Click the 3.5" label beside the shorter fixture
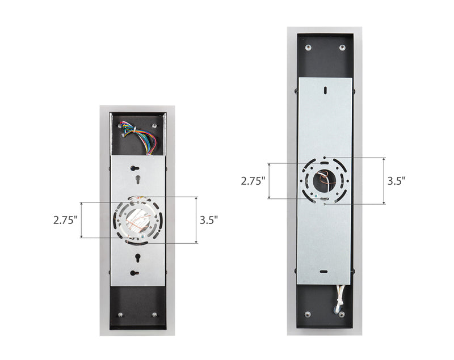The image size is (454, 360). [209, 220]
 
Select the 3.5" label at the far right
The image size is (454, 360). [397, 181]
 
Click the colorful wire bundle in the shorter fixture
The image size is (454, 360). [138, 137]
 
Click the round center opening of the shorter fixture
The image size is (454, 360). [138, 220]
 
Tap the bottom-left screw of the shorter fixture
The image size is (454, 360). [121, 315]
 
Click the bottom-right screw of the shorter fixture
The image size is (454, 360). [155, 315]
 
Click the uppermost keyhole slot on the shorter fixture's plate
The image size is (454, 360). [134, 168]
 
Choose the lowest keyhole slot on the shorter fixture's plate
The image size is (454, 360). [134, 273]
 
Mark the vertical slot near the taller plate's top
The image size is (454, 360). [325, 90]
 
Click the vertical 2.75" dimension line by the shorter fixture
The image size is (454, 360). [82, 220]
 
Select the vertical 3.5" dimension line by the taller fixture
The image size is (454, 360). [384, 181]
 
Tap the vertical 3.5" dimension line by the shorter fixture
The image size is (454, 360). [196, 220]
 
